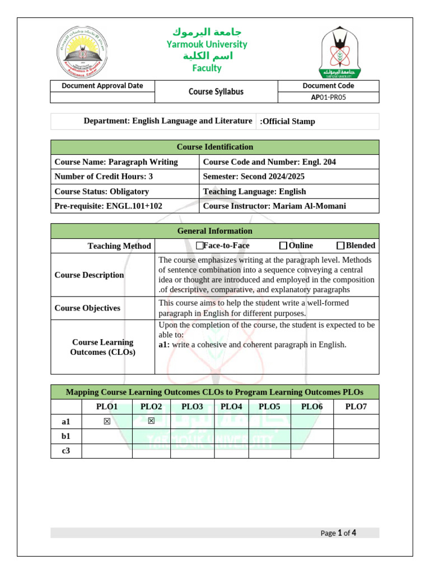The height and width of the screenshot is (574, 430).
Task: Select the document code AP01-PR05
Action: (x=328, y=97)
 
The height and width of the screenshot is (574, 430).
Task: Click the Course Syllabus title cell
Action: (x=216, y=91)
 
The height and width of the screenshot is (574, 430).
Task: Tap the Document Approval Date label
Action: (x=102, y=86)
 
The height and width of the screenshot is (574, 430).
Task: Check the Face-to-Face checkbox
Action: (x=200, y=246)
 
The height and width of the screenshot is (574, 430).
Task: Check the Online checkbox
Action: (x=283, y=246)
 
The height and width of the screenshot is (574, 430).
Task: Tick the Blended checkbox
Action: (x=340, y=246)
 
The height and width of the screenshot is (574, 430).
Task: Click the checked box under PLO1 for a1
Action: (x=106, y=422)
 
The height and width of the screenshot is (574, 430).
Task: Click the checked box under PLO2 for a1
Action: (x=151, y=422)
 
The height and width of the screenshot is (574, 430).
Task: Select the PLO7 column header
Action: (x=356, y=407)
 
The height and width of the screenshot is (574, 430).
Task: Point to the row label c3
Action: (x=66, y=451)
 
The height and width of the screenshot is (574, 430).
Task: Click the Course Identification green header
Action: (x=215, y=147)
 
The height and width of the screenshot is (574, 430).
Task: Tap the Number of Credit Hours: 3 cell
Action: (x=104, y=177)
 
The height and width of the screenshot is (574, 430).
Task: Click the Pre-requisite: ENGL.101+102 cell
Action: (x=108, y=206)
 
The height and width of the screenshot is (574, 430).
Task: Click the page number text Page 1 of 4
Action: (x=338, y=533)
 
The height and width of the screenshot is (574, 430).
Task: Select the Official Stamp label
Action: (x=288, y=121)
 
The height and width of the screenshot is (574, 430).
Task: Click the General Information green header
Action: (x=215, y=231)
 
